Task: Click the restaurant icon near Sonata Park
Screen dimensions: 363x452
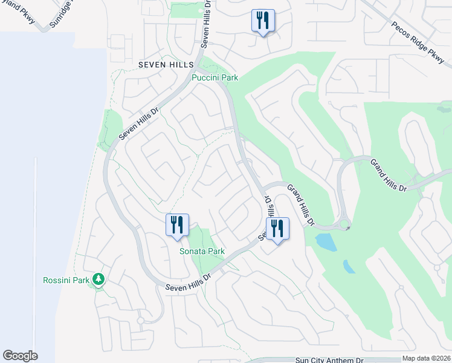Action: (178, 225)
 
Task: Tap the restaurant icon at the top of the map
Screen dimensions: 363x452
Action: (263, 21)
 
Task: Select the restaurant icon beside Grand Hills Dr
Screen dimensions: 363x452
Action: (278, 229)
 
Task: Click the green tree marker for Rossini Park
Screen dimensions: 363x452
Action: (98, 280)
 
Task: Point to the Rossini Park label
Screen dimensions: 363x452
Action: (65, 280)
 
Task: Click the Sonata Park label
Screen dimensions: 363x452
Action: (202, 251)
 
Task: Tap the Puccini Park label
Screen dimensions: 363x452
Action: (215, 77)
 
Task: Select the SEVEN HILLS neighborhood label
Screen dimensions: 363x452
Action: (166, 64)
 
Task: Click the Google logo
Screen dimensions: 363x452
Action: (20, 356)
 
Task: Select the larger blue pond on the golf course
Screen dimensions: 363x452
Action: (326, 242)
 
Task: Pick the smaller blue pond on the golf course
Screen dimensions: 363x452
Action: (349, 266)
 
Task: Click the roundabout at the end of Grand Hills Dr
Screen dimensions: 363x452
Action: (344, 226)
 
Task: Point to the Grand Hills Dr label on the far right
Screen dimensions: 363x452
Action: (388, 175)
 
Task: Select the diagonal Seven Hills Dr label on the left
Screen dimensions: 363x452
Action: (138, 124)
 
